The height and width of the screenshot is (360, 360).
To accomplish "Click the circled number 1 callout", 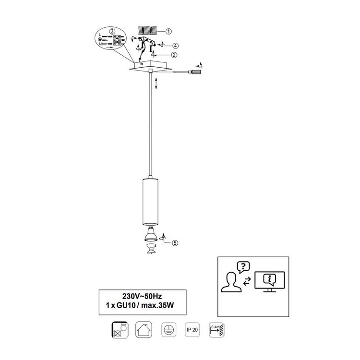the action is click(x=168, y=31).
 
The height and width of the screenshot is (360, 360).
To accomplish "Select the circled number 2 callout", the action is click(x=174, y=55).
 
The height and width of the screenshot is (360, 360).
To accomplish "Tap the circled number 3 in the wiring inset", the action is click(x=112, y=31).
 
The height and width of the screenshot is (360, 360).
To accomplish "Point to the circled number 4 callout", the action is click(x=175, y=46).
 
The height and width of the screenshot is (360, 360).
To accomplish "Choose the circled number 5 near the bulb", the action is click(x=175, y=243).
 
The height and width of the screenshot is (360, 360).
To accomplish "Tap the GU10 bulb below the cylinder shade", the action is click(x=151, y=234).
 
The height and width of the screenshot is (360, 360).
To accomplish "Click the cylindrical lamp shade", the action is click(x=150, y=201).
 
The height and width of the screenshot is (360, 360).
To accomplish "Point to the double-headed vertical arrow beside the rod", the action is click(x=156, y=84).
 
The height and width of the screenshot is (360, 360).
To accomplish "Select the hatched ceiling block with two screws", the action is click(x=148, y=30).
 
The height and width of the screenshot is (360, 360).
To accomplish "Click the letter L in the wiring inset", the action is click(x=100, y=35).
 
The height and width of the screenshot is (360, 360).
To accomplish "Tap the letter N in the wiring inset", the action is click(x=100, y=44).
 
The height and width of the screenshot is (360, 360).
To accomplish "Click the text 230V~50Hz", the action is click(x=142, y=296).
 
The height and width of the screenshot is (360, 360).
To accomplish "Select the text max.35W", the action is click(x=157, y=305).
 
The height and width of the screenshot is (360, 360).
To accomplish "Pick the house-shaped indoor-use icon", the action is click(x=144, y=330).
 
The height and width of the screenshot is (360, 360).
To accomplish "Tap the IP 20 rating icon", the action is click(x=192, y=330).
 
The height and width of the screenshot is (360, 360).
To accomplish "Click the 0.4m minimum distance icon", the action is click(x=216, y=330).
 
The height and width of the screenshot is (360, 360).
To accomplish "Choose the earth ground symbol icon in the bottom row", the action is click(x=169, y=330).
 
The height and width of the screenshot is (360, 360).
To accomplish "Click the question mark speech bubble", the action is click(x=243, y=267).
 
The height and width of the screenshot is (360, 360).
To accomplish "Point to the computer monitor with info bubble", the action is click(x=270, y=282).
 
